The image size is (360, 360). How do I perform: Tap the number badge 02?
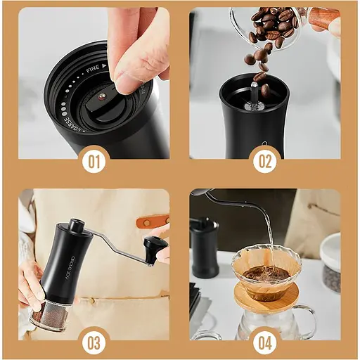[x=265, y=162]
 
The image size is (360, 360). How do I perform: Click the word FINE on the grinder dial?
[x=93, y=70]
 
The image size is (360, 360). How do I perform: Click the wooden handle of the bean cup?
[x=324, y=18]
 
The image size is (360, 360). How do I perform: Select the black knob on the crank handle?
[x=155, y=247]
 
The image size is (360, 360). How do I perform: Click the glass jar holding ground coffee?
[x=49, y=315]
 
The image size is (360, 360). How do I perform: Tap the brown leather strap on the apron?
[x=152, y=221]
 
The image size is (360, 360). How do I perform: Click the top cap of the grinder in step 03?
[x=76, y=226]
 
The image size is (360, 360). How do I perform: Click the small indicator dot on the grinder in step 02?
[x=264, y=144]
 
